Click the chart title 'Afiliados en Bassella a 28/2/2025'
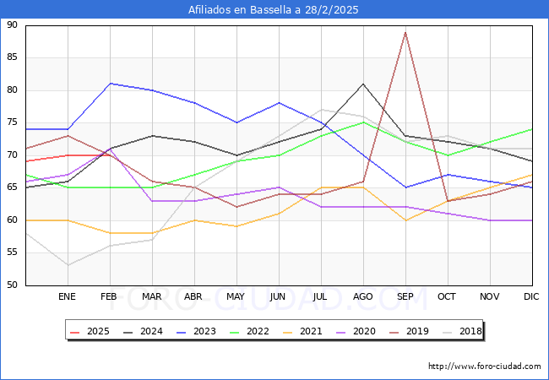274,10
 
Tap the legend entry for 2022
250,331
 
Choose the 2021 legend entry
302,331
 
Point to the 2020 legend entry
355,331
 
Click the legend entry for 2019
407,331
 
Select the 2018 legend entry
459,331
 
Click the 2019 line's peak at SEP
405,32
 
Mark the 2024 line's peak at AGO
363,84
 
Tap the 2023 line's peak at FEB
110,84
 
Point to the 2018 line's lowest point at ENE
68,265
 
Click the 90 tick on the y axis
12,25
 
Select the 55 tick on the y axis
12,252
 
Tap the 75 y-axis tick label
12,122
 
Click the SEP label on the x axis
405,297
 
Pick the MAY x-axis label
236,297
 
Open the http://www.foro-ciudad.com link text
485,366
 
